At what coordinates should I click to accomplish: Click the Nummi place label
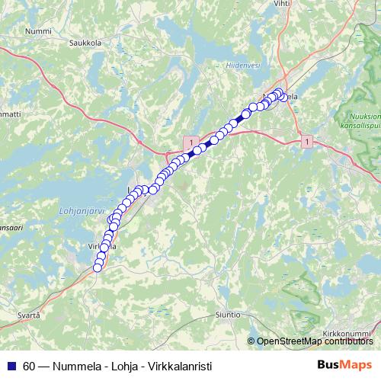[x=38, y=30]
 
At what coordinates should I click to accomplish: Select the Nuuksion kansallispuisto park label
[x=357, y=118]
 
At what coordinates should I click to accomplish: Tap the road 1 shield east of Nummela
[x=306, y=141]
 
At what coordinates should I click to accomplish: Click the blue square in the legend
[x=11, y=365]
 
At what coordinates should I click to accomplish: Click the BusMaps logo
[x=344, y=364]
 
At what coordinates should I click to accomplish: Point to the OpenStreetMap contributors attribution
[x=313, y=341]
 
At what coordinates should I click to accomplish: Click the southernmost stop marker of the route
[x=97, y=267]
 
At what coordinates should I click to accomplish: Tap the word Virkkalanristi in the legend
[x=180, y=365]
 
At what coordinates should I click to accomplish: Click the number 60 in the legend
[x=30, y=365]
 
